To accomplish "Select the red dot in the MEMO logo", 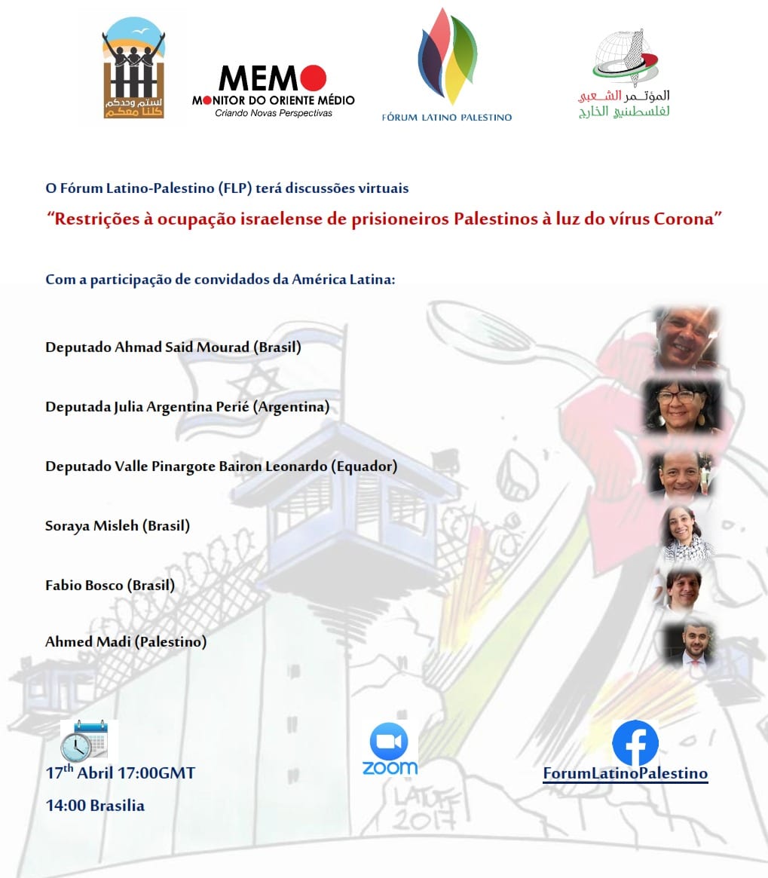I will pyautogui.click(x=313, y=78).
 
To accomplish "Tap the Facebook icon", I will pyautogui.click(x=635, y=742).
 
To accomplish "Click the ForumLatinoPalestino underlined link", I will pyautogui.click(x=625, y=774).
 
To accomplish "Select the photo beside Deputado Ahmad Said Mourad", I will pyautogui.click(x=685, y=338).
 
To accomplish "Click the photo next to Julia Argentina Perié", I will pyautogui.click(x=681, y=408).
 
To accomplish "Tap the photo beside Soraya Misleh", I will pyautogui.click(x=686, y=533).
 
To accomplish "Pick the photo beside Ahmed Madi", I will pyautogui.click(x=687, y=645).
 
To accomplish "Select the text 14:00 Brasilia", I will pyautogui.click(x=95, y=806).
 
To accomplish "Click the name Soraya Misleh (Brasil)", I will pyautogui.click(x=118, y=526).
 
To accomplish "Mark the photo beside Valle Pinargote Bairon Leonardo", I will pyautogui.click(x=681, y=475).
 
